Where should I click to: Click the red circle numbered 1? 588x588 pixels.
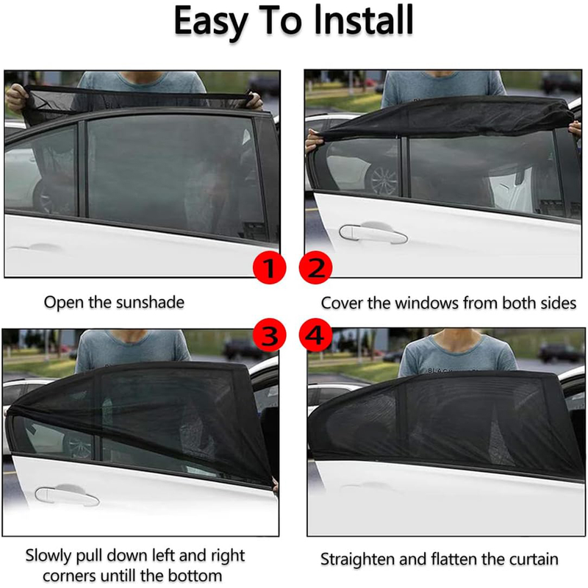(x=269, y=268)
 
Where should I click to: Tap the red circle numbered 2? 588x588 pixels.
(x=316, y=268)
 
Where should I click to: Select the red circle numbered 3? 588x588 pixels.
(x=269, y=335)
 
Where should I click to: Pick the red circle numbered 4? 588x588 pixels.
(x=316, y=335)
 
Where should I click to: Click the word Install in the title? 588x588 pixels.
(x=363, y=21)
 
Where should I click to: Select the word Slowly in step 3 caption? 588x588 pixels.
(x=49, y=556)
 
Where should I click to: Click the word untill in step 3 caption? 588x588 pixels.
(x=141, y=576)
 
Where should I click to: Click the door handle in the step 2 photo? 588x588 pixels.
(x=373, y=233)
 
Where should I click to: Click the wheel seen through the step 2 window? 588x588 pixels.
(x=383, y=179)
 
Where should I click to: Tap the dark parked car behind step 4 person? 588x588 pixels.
(x=556, y=354)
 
